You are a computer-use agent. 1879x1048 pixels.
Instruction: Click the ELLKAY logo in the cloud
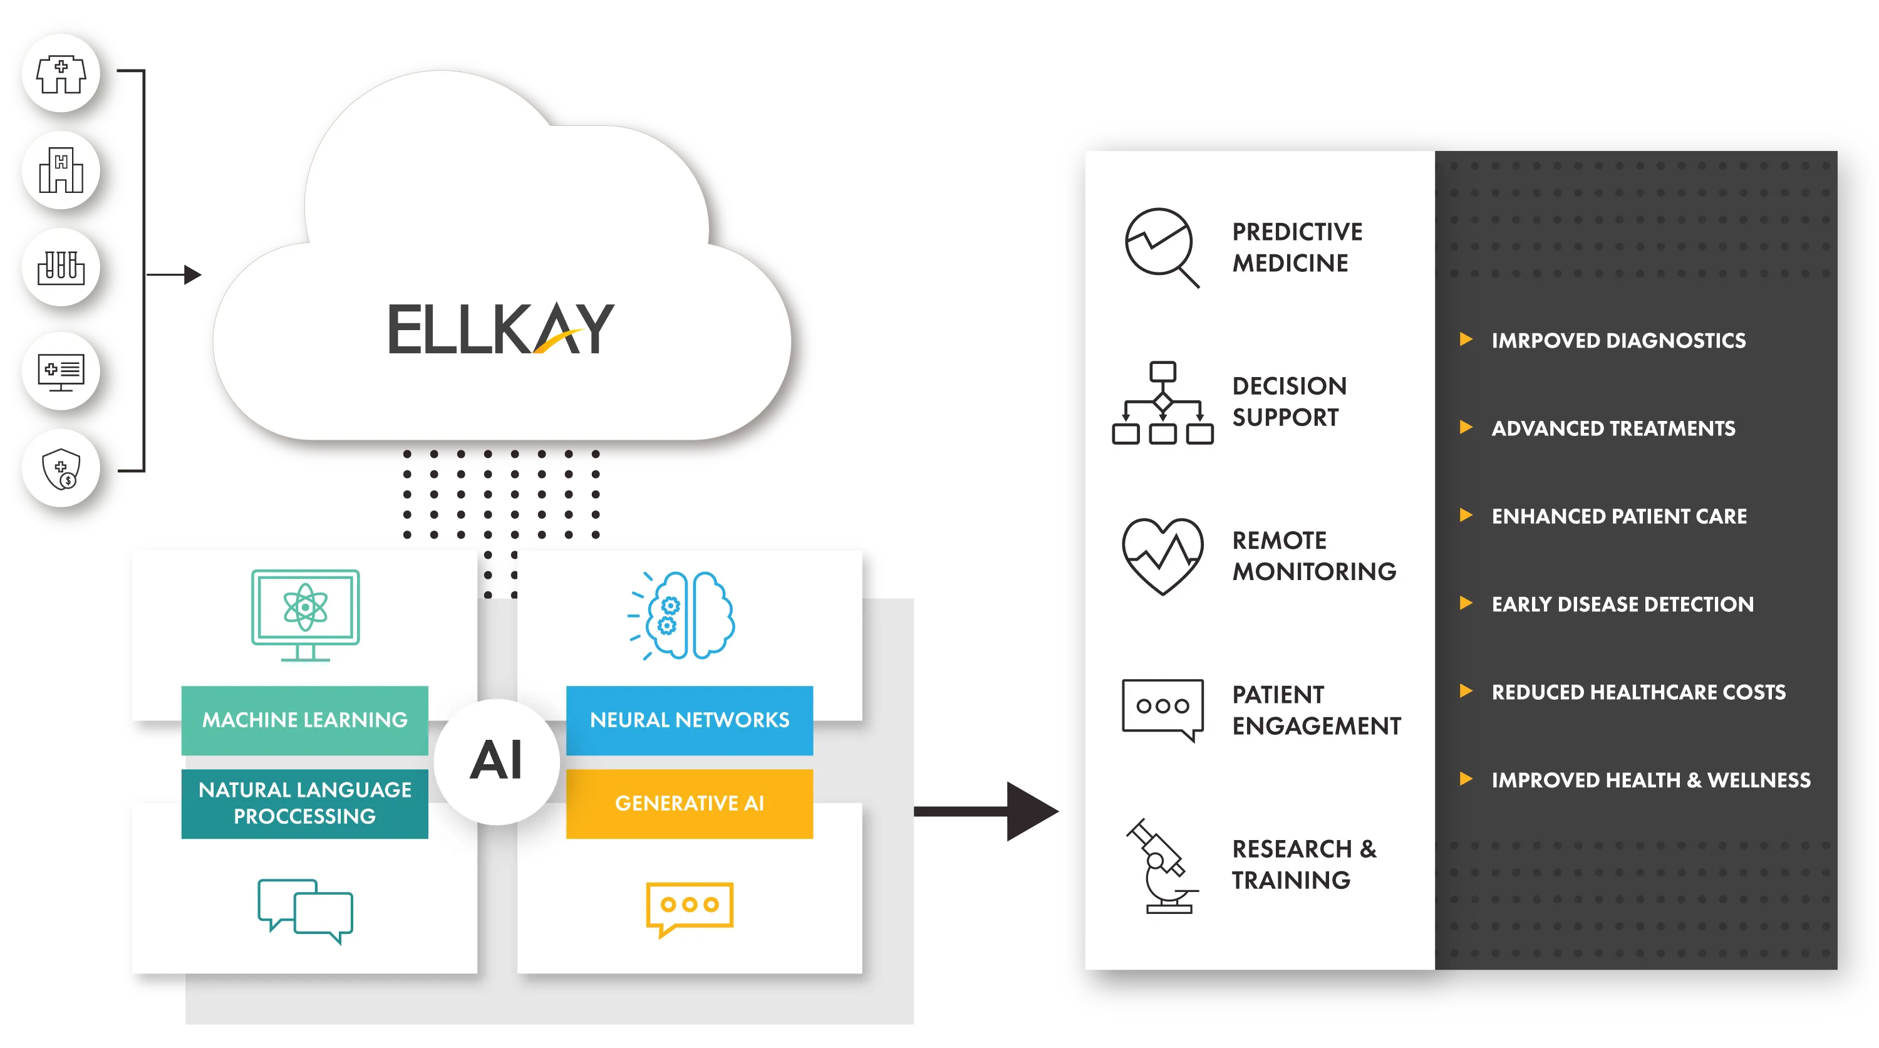pos(501,329)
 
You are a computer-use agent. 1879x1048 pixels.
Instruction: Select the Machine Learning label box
pos(305,720)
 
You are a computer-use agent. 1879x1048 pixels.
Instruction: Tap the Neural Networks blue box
pos(690,720)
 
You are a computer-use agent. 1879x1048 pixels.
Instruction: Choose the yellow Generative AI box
pos(690,803)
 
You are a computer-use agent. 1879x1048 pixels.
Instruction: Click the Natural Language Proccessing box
pos(305,803)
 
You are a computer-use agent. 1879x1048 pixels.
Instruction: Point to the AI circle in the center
pos(497,761)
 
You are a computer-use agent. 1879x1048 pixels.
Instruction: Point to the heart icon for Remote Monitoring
pos(1162,556)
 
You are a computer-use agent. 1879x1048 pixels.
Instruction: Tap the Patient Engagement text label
pos(1316,710)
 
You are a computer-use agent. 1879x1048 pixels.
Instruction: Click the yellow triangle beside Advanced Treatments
pos(1466,427)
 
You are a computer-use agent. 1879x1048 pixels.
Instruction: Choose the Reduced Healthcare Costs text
pos(1638,692)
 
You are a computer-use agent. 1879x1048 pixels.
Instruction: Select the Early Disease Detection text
pos(1622,604)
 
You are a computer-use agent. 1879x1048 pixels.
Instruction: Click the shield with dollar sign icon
pos(61,468)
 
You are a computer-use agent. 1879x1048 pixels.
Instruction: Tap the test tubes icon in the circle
pos(61,267)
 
